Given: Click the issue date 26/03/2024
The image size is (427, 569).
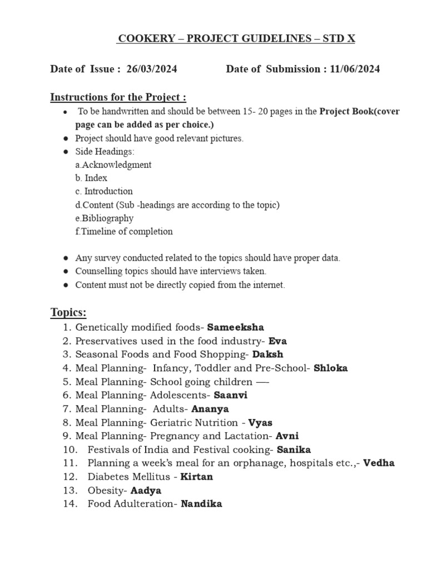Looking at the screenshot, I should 152,69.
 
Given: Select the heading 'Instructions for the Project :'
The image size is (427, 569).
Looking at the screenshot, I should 118,98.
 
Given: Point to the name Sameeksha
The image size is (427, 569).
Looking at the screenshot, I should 236,327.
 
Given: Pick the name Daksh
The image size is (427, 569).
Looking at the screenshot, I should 267,354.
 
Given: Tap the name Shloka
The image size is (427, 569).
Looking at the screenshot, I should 331,368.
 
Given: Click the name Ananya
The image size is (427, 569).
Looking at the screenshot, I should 210,408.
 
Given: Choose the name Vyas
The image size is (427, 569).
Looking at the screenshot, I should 260,422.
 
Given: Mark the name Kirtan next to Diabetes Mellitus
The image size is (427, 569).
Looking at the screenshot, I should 197,477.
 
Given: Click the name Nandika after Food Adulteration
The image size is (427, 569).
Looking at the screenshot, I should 201,504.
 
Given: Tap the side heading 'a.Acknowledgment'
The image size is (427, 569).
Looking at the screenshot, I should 113,165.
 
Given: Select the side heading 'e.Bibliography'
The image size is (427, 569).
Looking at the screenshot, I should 104,218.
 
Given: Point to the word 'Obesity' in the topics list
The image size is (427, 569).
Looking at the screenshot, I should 107,491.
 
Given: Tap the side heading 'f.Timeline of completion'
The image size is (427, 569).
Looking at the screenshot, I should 124,232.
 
